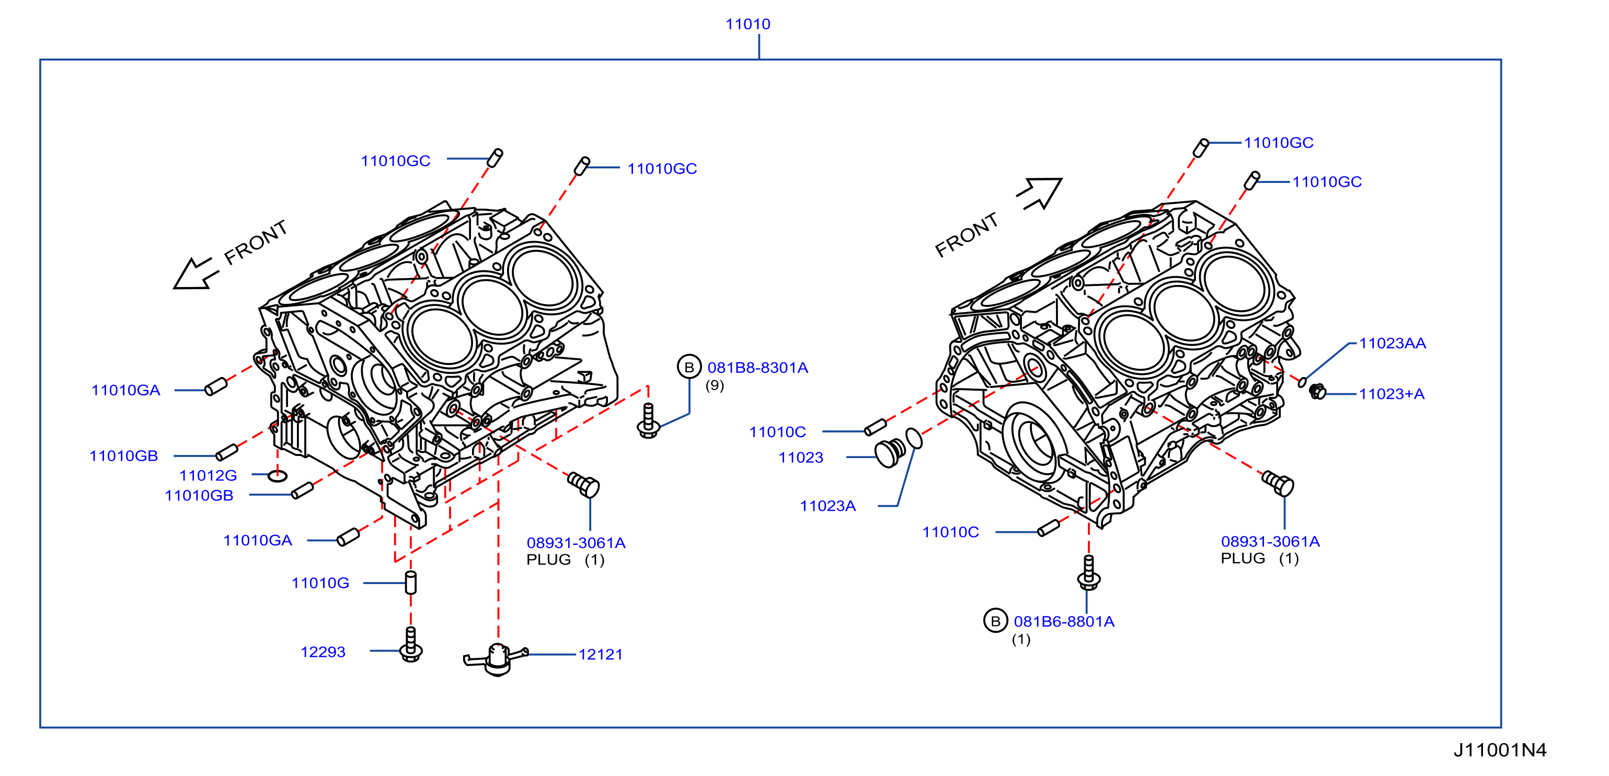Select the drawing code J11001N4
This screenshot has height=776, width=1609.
(x=1500, y=750)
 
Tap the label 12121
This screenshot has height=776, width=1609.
(x=600, y=654)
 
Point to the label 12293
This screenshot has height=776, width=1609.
(x=323, y=652)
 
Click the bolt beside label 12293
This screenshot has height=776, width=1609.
(x=410, y=644)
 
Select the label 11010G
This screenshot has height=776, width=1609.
(x=320, y=583)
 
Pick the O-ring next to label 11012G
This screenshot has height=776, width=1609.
(x=278, y=476)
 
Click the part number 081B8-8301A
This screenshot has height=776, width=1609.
(x=757, y=368)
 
